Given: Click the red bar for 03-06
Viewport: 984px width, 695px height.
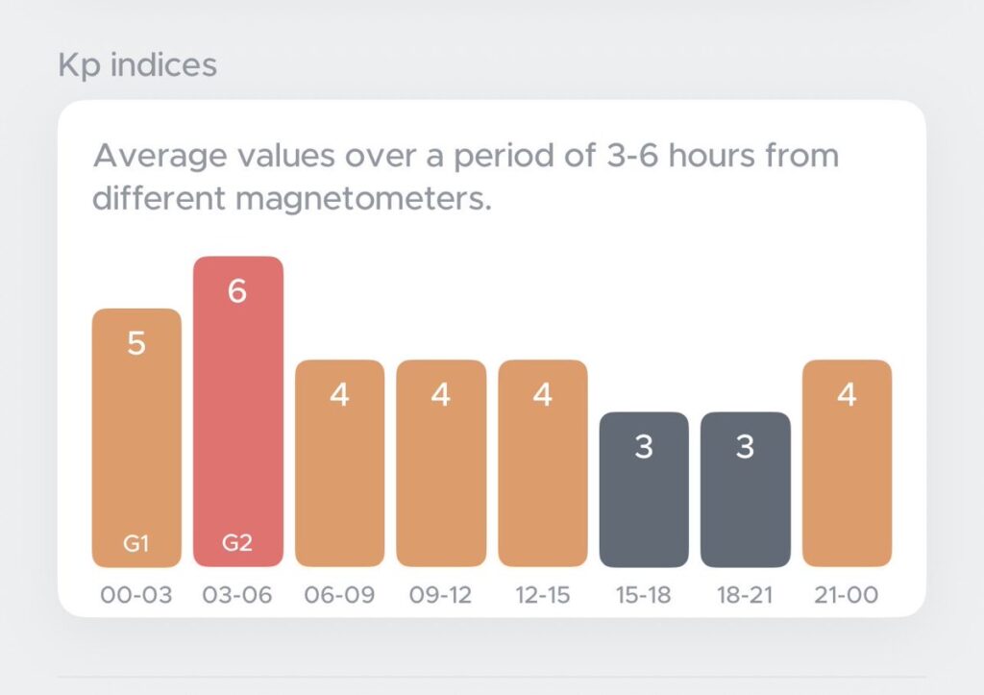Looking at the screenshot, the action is click(x=238, y=411).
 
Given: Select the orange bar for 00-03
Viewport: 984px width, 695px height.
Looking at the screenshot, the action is click(x=136, y=438).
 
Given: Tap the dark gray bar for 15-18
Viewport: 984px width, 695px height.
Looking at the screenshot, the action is click(x=644, y=489).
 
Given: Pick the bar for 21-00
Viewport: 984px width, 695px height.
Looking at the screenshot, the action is click(x=848, y=463).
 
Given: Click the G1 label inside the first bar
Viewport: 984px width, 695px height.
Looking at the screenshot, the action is click(x=136, y=543).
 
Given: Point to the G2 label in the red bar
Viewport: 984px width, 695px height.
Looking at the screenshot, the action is click(x=237, y=542).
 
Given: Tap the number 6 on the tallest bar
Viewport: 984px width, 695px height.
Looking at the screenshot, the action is click(x=237, y=291).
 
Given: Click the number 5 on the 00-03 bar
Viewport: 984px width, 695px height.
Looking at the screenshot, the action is click(x=136, y=343).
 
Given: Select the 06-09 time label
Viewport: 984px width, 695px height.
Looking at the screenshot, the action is click(x=339, y=595).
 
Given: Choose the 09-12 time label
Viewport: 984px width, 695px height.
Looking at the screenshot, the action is click(x=440, y=595).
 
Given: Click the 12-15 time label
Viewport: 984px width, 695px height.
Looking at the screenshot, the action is click(x=543, y=595).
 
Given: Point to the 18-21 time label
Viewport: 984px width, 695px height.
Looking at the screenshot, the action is click(x=745, y=595).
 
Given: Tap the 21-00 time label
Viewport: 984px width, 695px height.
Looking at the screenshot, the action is click(x=847, y=595).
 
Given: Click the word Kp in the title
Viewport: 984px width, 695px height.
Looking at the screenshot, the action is click(x=79, y=65).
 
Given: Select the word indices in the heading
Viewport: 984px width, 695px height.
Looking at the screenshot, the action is click(x=163, y=64).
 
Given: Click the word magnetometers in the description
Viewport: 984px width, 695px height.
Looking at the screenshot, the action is click(x=363, y=198).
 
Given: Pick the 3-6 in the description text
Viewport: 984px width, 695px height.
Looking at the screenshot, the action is click(x=632, y=156).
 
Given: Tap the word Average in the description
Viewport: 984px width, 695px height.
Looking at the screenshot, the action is click(x=160, y=157).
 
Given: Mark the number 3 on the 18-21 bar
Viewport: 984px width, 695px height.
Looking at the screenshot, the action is click(x=745, y=447).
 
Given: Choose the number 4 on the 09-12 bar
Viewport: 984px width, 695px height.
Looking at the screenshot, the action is click(x=440, y=395).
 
